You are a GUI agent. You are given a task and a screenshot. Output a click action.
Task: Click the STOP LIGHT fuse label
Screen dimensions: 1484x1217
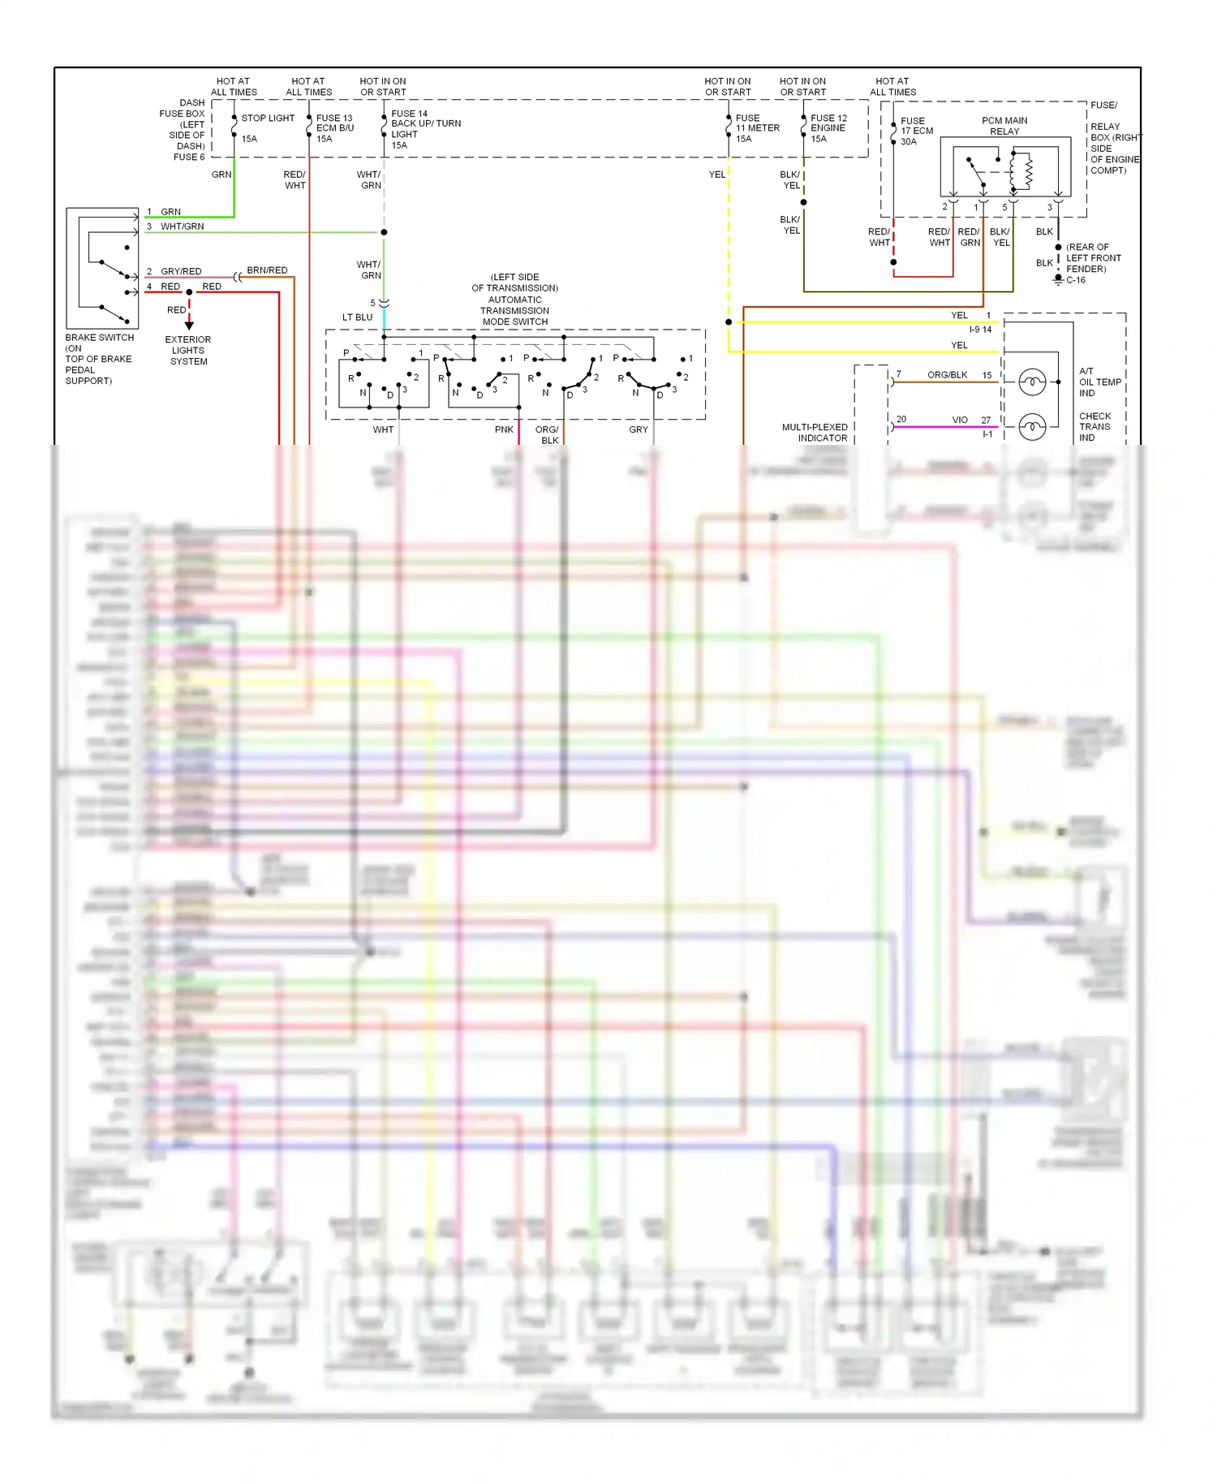268,119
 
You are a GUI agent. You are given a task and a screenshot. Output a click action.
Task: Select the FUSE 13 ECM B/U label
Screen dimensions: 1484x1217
334,128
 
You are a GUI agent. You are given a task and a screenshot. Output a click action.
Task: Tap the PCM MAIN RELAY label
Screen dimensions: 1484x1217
1004,126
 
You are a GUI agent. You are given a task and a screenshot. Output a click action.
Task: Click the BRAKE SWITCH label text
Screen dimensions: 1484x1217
99,338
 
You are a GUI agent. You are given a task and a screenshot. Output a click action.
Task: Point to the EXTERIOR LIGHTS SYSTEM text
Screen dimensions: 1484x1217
187,351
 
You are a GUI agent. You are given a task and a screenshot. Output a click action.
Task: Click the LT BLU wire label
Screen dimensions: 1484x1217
357,317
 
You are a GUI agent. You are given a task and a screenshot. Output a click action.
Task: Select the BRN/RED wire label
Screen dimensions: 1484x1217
267,270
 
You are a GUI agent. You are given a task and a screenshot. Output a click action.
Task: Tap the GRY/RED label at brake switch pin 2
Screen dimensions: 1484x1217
181,272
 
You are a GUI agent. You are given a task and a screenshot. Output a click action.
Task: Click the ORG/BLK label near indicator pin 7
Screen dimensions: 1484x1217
947,375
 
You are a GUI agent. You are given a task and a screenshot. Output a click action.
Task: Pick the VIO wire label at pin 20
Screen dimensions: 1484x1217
960,421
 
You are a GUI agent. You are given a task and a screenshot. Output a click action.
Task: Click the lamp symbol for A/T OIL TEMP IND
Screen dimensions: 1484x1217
1032,382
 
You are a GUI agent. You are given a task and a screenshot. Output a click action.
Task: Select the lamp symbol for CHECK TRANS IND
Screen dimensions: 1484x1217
1032,426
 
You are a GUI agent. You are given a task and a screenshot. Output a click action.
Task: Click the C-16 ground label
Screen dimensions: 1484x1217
1076,280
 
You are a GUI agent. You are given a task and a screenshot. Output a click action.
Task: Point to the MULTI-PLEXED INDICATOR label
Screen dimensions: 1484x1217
815,433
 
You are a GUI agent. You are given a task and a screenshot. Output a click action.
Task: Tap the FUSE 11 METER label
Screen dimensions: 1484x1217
756,128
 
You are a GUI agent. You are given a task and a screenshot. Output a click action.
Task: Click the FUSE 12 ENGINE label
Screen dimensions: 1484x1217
828,128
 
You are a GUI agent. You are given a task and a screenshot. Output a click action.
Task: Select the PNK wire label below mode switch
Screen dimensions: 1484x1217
504,430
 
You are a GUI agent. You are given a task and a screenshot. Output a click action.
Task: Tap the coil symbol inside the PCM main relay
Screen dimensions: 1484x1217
1029,170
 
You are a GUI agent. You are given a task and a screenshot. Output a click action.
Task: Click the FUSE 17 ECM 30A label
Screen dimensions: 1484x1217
916,131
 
